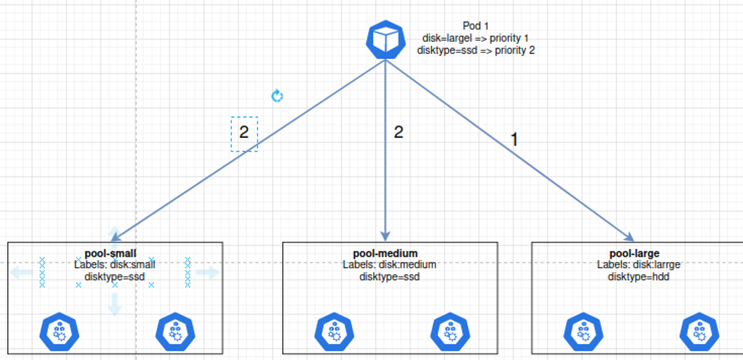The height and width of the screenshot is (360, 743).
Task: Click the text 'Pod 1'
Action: (x=476, y=26)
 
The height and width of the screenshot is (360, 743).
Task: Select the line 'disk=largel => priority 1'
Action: (x=475, y=38)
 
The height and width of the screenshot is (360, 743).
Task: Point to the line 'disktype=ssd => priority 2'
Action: (x=476, y=50)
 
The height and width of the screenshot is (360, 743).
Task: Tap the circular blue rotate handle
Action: (x=277, y=96)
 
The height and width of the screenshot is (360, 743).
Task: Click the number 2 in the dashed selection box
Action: (x=244, y=133)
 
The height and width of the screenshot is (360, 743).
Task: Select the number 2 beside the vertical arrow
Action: (x=399, y=132)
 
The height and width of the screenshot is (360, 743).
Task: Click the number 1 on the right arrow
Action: (x=514, y=140)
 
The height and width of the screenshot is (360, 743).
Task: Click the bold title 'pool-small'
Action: (x=111, y=253)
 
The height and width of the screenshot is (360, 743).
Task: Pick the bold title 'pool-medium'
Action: (x=385, y=253)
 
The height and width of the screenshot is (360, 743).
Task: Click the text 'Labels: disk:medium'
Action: (x=389, y=264)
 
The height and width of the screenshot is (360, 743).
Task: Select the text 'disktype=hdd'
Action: (x=638, y=277)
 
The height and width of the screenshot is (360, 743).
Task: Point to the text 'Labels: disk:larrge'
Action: (x=638, y=264)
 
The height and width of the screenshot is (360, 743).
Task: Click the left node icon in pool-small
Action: (x=60, y=332)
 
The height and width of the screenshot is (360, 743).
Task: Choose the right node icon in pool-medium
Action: (x=450, y=332)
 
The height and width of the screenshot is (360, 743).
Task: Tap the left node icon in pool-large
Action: (x=584, y=332)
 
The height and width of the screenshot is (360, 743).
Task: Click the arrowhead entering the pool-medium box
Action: (x=386, y=237)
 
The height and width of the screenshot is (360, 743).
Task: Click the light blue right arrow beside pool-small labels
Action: (x=207, y=273)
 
